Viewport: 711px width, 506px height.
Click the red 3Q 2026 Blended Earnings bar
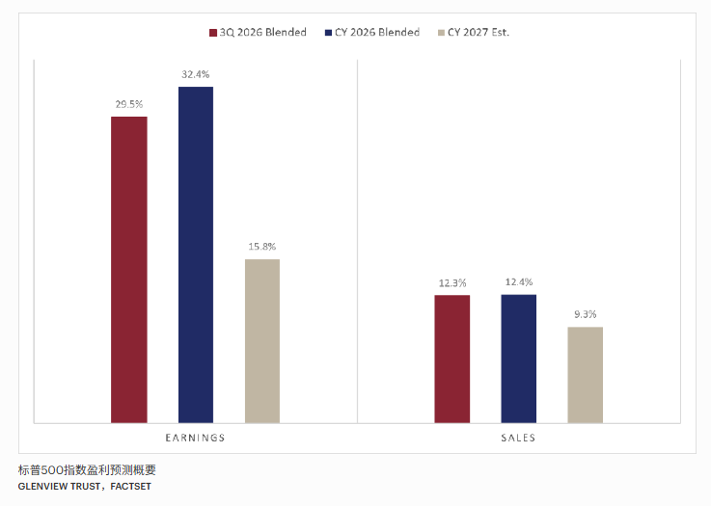pos(129,270)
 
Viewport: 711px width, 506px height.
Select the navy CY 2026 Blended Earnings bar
pos(196,255)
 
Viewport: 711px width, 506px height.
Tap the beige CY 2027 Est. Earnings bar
pos(262,341)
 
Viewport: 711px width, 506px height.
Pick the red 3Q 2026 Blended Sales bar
pos(452,360)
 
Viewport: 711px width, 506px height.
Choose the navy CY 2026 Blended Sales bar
pos(519,359)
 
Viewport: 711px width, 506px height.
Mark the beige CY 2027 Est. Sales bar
pos(586,375)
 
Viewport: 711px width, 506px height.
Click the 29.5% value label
pos(129,105)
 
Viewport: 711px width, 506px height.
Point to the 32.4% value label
pos(196,74)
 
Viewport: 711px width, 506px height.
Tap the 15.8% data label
pos(262,247)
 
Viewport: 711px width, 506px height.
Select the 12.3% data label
pos(452,283)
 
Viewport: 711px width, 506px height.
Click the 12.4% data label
pos(519,282)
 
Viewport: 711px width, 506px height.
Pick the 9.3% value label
pos(586,314)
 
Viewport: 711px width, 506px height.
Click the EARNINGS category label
pos(196,438)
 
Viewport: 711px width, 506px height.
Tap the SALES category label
pos(518,438)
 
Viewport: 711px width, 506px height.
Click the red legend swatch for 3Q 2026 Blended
pos(213,33)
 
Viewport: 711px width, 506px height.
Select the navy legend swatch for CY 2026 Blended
pos(329,33)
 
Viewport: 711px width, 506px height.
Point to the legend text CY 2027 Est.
pos(479,32)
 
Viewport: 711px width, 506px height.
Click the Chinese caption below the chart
pos(87,470)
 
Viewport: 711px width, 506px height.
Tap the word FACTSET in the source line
pos(131,487)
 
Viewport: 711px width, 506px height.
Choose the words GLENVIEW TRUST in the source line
pos(60,487)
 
